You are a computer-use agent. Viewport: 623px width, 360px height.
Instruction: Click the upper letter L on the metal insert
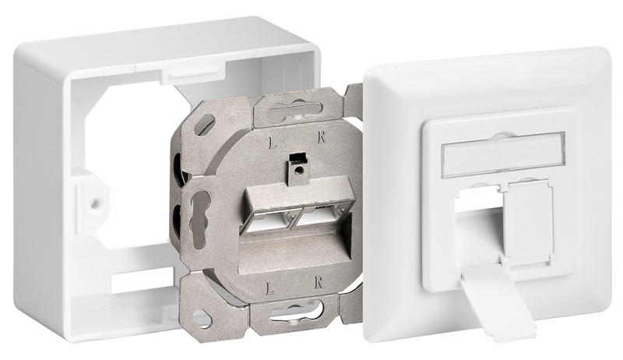273,143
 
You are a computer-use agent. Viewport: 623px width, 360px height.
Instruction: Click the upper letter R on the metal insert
322,138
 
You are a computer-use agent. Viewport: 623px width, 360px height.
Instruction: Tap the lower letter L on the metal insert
270,288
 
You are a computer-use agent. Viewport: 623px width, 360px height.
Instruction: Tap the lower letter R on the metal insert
318,284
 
